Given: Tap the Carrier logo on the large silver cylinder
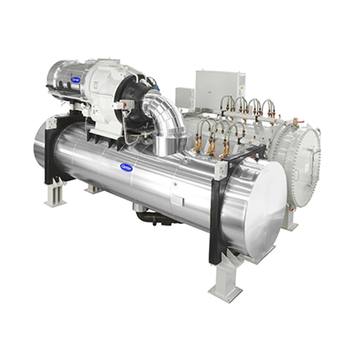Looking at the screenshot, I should [126, 167].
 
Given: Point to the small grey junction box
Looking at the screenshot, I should [185, 98].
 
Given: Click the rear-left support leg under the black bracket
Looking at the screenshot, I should [55, 194].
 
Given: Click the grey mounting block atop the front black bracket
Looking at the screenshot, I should [221, 170].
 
